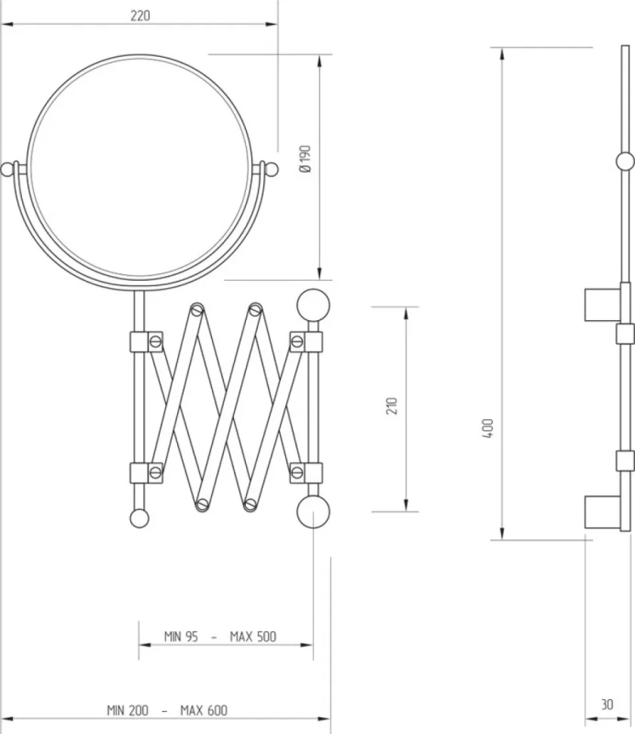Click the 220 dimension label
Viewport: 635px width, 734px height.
point(140,16)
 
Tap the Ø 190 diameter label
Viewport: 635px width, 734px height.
point(305,159)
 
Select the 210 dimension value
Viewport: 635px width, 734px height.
point(392,406)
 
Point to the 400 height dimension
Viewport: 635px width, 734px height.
point(487,428)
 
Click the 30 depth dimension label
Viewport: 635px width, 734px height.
point(607,704)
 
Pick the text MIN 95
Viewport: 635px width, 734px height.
point(181,636)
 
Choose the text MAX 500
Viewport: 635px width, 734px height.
point(253,636)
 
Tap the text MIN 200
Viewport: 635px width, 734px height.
point(127,711)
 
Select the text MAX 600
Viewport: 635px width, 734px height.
point(204,711)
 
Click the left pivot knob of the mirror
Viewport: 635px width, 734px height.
point(7,169)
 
